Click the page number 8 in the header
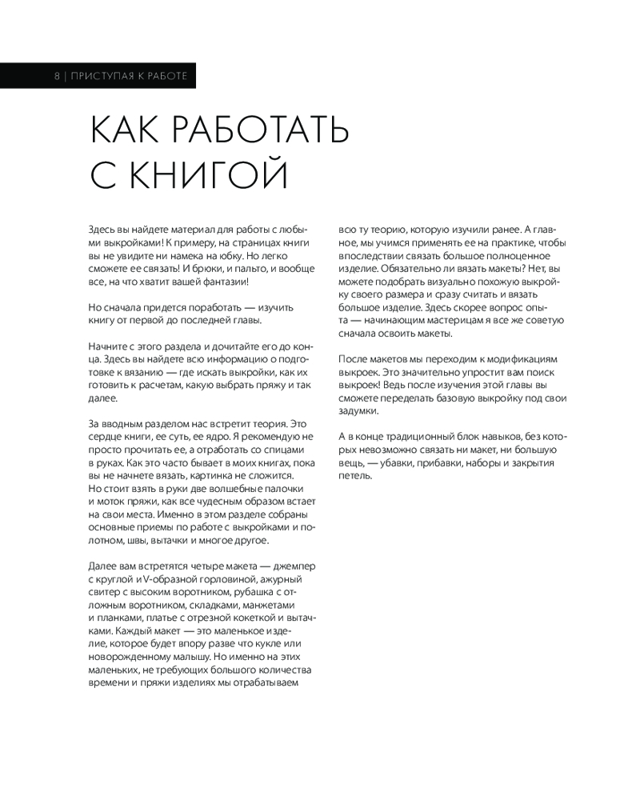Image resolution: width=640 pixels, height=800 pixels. tap(57, 76)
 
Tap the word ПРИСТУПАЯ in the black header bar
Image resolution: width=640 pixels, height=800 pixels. tap(100, 76)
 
